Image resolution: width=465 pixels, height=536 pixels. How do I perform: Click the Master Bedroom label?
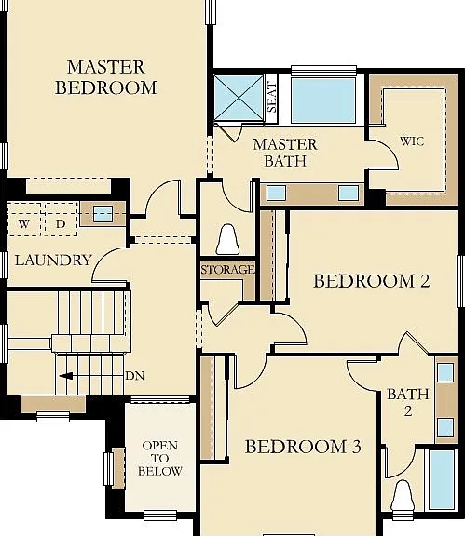106,77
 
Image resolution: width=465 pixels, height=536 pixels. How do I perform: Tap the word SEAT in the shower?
271,97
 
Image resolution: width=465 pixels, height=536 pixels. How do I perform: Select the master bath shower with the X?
239,98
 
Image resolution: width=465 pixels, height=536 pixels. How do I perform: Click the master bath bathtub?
323,100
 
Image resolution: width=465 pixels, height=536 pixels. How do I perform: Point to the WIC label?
412,141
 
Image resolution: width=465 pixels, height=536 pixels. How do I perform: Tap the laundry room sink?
103,214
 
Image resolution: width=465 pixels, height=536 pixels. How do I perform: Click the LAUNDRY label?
53,261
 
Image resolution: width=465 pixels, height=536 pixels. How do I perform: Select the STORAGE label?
227,269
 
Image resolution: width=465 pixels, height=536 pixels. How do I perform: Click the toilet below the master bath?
227,239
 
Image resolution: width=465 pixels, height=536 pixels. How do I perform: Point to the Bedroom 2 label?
371,281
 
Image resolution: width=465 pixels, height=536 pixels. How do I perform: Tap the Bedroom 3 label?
303,447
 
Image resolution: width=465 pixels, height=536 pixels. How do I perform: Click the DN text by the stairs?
134,376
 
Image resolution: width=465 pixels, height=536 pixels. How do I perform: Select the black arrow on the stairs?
66,376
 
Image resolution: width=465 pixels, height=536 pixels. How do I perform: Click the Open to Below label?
159,459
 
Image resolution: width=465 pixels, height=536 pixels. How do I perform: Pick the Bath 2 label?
408,402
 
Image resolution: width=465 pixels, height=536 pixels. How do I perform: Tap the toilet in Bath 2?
403,496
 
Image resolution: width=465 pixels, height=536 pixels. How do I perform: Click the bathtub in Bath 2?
442,479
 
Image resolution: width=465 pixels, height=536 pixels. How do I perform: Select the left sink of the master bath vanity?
276,194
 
